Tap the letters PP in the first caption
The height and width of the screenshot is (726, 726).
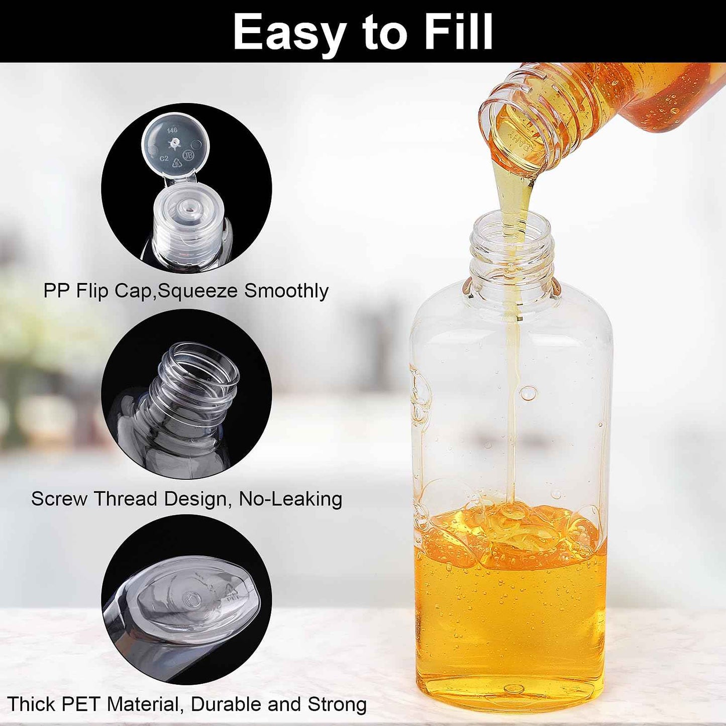57,291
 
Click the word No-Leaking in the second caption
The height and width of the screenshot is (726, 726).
290,499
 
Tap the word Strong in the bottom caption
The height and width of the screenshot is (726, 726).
337,704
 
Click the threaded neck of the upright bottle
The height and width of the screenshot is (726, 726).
512,256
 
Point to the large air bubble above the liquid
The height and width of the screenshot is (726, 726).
529,393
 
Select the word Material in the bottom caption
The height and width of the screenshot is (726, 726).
143,704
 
